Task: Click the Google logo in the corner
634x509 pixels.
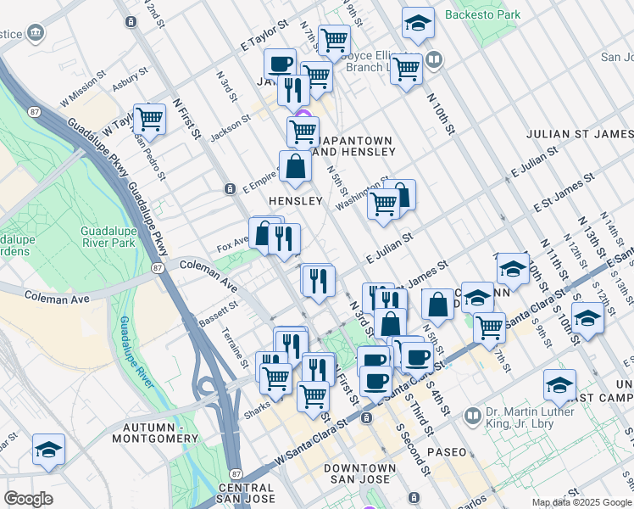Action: click(28, 498)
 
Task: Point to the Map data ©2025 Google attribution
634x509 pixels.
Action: click(581, 502)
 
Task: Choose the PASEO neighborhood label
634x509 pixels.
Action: click(447, 452)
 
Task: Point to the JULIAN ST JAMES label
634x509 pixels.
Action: click(579, 134)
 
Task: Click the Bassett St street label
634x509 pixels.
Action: click(218, 316)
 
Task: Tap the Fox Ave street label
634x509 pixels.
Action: click(232, 242)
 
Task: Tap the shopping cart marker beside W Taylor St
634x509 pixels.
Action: click(149, 119)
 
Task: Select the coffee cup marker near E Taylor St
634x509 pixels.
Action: click(280, 64)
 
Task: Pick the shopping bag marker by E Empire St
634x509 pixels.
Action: click(295, 166)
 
